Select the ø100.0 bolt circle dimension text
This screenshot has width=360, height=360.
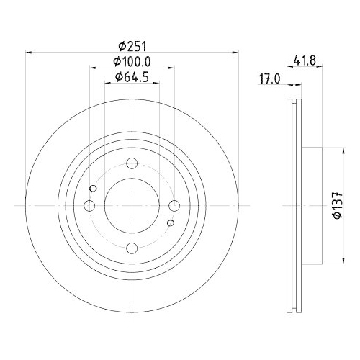click(132, 63)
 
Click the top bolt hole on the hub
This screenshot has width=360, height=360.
click(132, 164)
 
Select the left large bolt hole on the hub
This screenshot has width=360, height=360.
click(90, 207)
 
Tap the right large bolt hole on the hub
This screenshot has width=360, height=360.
click(174, 207)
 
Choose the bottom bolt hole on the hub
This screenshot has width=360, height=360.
click(132, 248)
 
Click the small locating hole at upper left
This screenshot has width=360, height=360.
click(93, 189)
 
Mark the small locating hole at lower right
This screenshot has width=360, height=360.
click(171, 223)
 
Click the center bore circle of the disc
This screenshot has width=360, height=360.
click(132, 207)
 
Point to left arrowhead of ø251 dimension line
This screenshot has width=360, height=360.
click(29, 52)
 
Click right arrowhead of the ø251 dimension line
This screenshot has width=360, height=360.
click(235, 52)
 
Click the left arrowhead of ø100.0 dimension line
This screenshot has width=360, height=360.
click(92, 69)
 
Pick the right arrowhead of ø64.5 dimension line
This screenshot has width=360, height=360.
click(156, 84)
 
